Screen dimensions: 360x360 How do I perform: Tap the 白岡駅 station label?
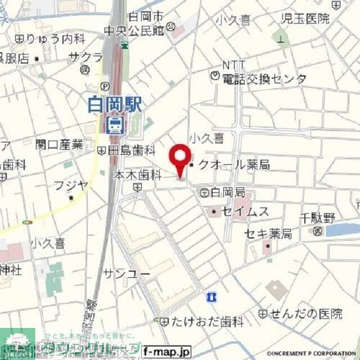(x=116, y=106)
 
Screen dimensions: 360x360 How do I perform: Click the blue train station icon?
(x=115, y=124)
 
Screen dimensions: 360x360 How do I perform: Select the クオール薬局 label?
(x=234, y=164)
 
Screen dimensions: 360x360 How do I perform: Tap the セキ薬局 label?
(x=267, y=233)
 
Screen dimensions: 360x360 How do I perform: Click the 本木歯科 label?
(x=138, y=175)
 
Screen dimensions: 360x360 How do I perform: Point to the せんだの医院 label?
(x=306, y=313)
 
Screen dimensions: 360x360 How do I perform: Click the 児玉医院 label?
(x=305, y=18)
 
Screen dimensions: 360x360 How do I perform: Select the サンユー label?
(x=127, y=273)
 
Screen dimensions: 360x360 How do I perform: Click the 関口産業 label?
(x=59, y=145)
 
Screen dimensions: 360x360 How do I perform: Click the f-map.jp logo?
(x=167, y=352)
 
